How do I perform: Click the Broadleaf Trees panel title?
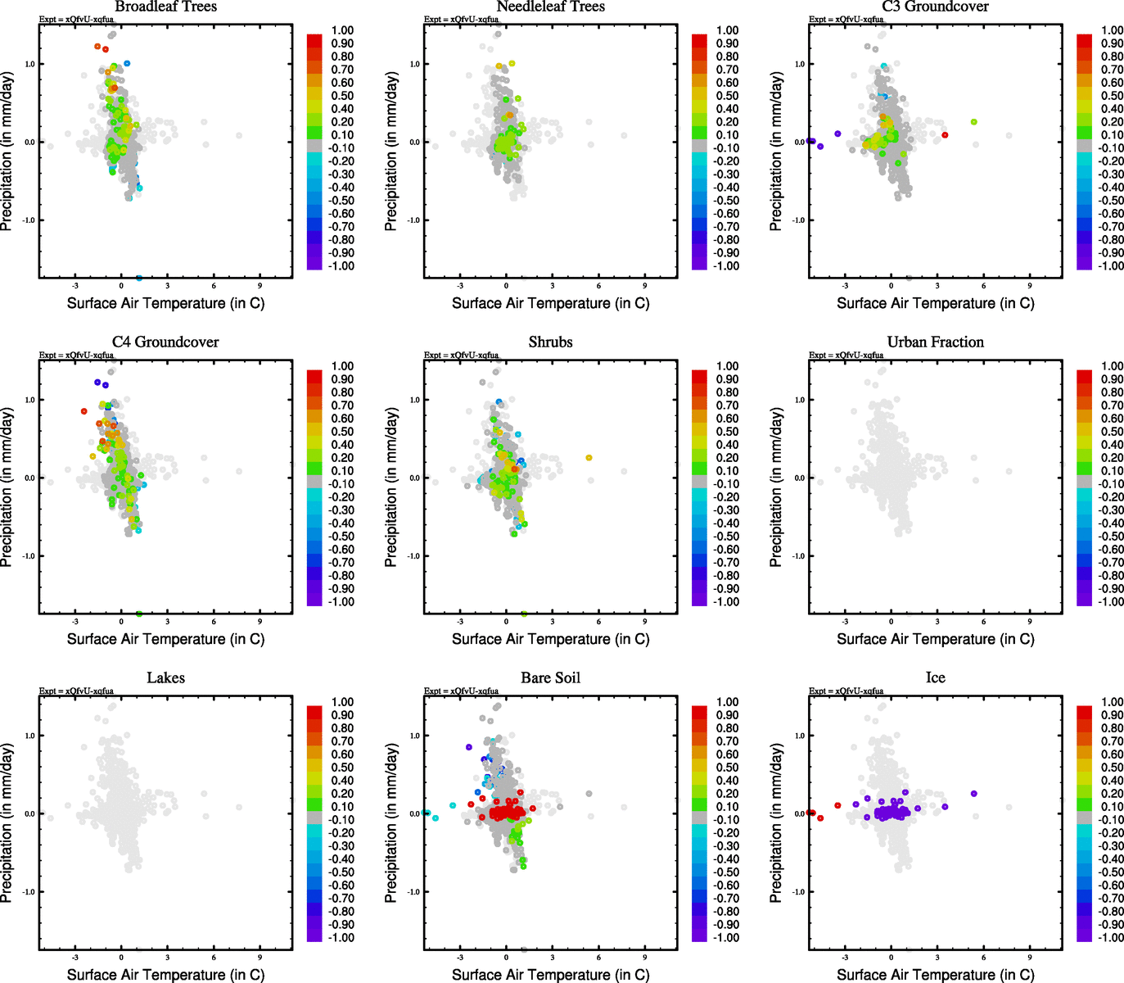(x=165, y=7)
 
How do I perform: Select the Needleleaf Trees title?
(x=550, y=7)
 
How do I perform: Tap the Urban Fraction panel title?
(x=935, y=342)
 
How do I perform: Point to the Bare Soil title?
(x=550, y=678)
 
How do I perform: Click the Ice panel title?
(x=935, y=678)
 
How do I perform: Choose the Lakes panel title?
(x=165, y=678)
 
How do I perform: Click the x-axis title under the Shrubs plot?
(x=550, y=639)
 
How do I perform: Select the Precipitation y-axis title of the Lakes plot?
(x=7, y=822)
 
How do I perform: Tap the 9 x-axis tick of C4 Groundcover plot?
(x=260, y=622)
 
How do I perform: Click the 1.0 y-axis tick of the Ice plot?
(x=800, y=736)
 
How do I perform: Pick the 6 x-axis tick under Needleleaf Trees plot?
(x=598, y=286)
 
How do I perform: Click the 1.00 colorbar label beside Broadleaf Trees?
(x=342, y=30)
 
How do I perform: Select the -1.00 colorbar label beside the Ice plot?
(x=1112, y=937)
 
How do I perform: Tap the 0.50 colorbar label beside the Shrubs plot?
(x=727, y=432)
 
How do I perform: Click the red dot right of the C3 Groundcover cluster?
(x=945, y=135)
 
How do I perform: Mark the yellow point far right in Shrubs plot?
(x=589, y=458)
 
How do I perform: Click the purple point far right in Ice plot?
(x=974, y=794)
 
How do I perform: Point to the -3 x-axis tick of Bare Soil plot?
(x=460, y=958)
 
